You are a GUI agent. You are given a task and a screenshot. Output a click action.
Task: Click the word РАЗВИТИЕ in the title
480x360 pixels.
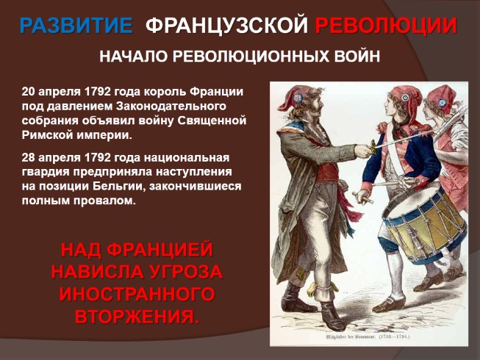click(x=76, y=26)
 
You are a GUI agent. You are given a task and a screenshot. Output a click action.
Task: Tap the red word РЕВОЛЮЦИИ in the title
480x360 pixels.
click(x=385, y=26)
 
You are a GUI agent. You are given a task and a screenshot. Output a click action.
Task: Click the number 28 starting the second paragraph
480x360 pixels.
click(x=29, y=159)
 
